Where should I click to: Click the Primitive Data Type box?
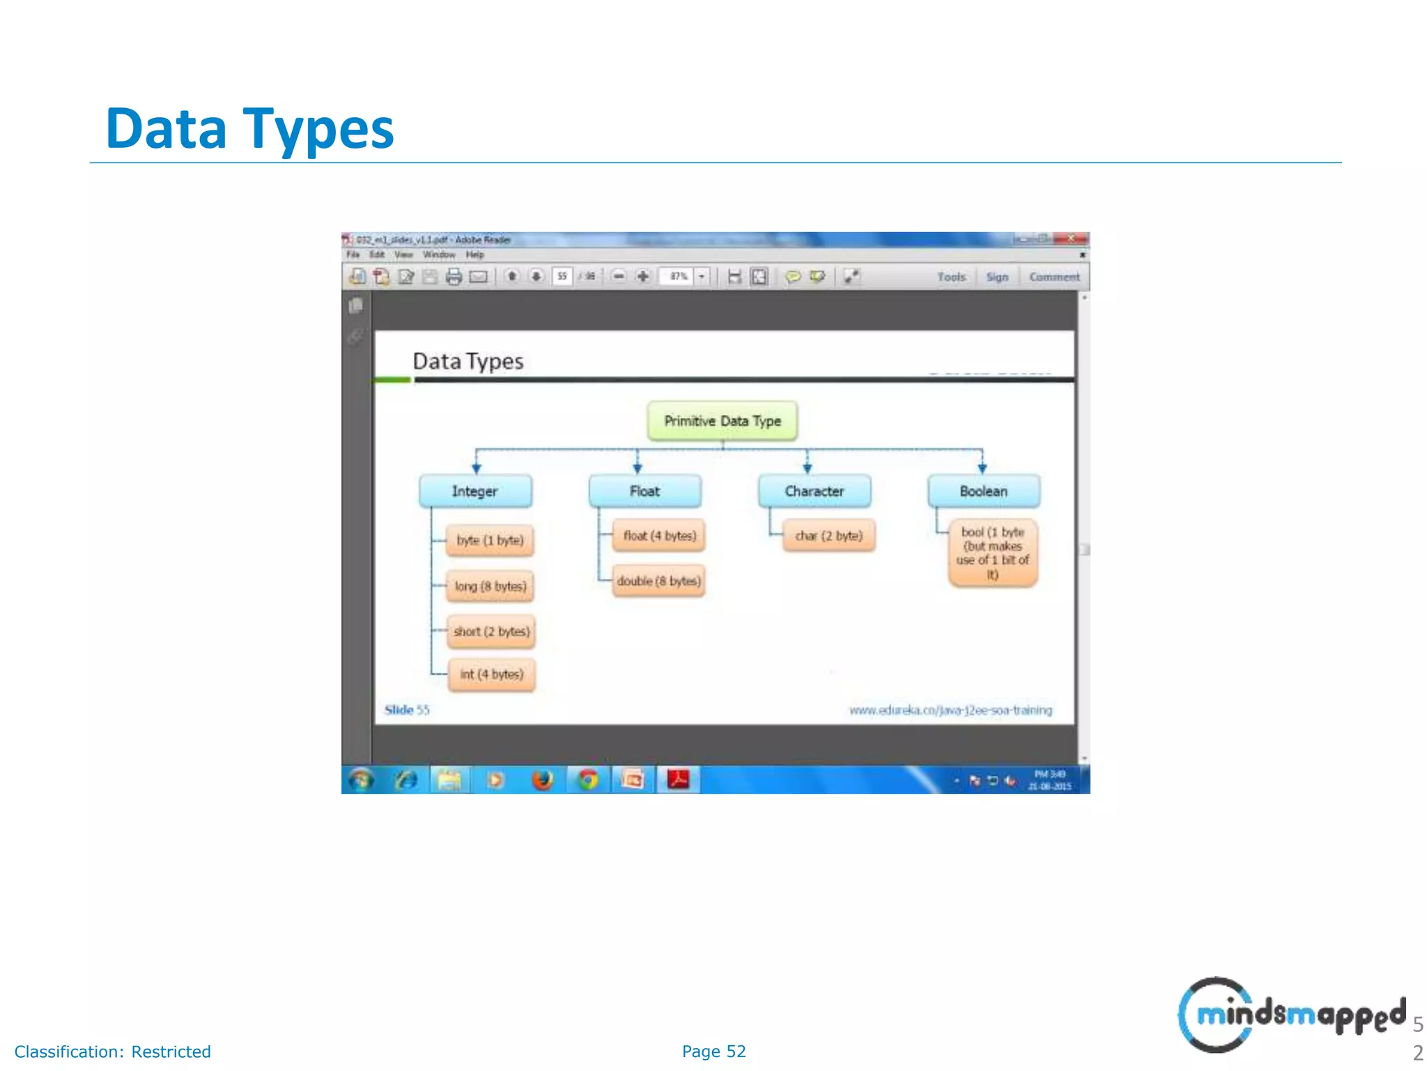click(722, 420)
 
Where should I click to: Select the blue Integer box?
click(475, 491)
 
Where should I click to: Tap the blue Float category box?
click(645, 491)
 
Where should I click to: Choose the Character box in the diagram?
click(814, 491)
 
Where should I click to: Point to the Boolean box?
click(983, 491)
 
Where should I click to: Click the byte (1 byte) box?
click(490, 540)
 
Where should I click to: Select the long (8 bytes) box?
click(491, 586)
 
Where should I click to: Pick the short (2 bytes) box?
click(491, 631)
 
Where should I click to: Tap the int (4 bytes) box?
click(491, 674)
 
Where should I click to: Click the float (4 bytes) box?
click(659, 535)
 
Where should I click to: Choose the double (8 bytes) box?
click(658, 581)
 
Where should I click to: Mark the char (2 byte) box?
click(828, 535)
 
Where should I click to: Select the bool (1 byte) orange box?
click(992, 553)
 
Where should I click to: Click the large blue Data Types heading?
click(249, 129)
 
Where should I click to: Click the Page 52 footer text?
click(713, 1051)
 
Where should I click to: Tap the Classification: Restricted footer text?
click(112, 1051)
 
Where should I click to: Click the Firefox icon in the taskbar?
click(542, 780)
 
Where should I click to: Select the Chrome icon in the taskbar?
click(588, 780)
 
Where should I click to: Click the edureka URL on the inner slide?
click(950, 710)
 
